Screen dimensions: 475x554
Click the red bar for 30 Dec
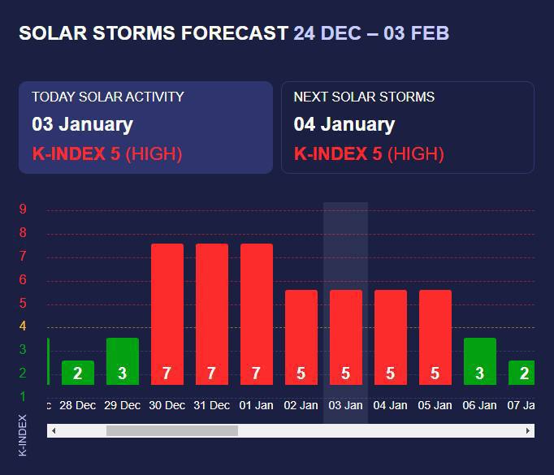tap(167, 314)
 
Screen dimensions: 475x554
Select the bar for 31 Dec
tap(212, 314)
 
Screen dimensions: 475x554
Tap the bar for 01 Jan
tap(257, 314)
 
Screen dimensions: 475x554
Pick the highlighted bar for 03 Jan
tap(346, 337)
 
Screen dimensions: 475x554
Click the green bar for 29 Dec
tap(123, 361)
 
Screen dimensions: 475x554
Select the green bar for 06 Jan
tap(480, 361)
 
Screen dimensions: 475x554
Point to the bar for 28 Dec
tap(78, 373)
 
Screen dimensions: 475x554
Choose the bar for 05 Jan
tap(435, 337)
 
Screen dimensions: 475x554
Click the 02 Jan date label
tap(301, 405)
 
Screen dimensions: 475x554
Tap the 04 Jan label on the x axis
tap(391, 405)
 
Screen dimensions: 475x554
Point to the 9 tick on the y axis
tap(23, 209)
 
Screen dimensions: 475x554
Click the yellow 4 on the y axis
tap(23, 326)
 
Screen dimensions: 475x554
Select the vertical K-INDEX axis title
tap(23, 435)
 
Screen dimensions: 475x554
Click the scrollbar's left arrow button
tap(54, 430)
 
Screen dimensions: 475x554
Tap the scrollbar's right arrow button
tap(528, 430)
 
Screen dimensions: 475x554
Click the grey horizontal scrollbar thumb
tap(172, 430)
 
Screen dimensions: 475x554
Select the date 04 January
tap(344, 124)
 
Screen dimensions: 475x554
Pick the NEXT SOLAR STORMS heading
tap(364, 97)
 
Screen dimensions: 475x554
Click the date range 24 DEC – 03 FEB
tap(371, 33)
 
